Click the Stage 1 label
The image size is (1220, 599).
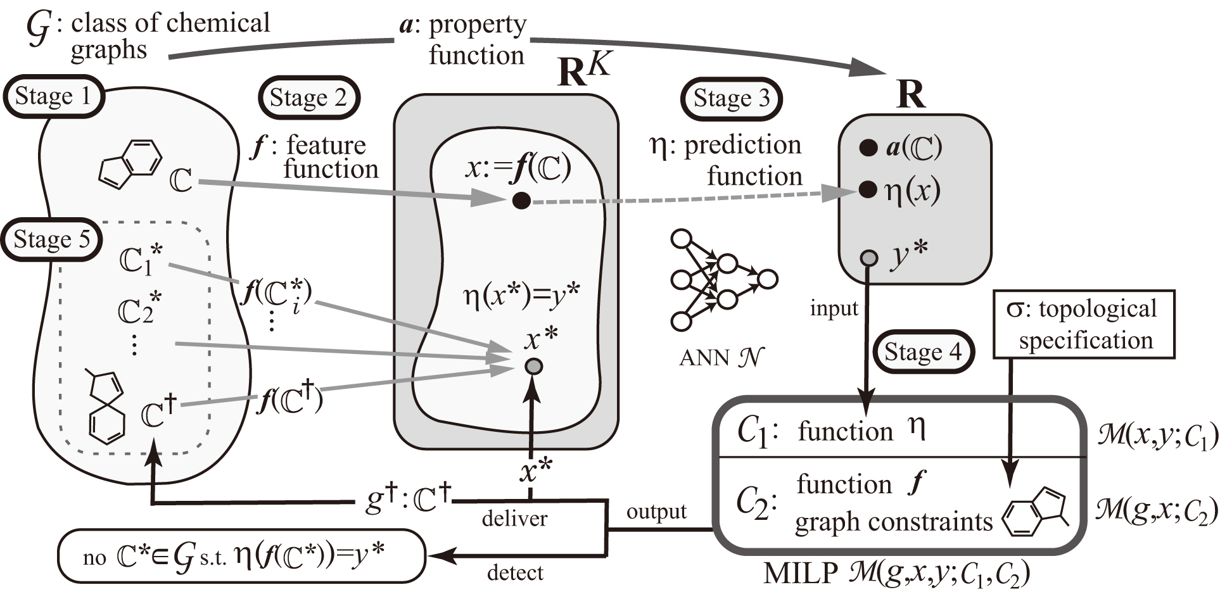tap(53, 97)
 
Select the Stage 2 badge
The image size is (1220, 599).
tap(308, 98)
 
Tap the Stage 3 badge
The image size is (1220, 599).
tap(732, 99)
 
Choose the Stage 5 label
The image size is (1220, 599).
tap(52, 240)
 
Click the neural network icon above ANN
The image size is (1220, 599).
tap(722, 279)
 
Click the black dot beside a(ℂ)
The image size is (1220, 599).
tap(868, 148)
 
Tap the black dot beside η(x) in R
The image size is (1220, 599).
tap(868, 189)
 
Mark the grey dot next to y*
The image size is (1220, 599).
tap(868, 258)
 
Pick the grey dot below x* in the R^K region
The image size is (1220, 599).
tap(534, 366)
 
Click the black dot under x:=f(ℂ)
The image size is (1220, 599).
tap(521, 201)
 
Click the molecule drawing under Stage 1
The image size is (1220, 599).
tap(130, 163)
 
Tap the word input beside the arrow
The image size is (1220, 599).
tap(834, 309)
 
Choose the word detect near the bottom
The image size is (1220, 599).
tap(515, 573)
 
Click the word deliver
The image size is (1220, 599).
tap(514, 519)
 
